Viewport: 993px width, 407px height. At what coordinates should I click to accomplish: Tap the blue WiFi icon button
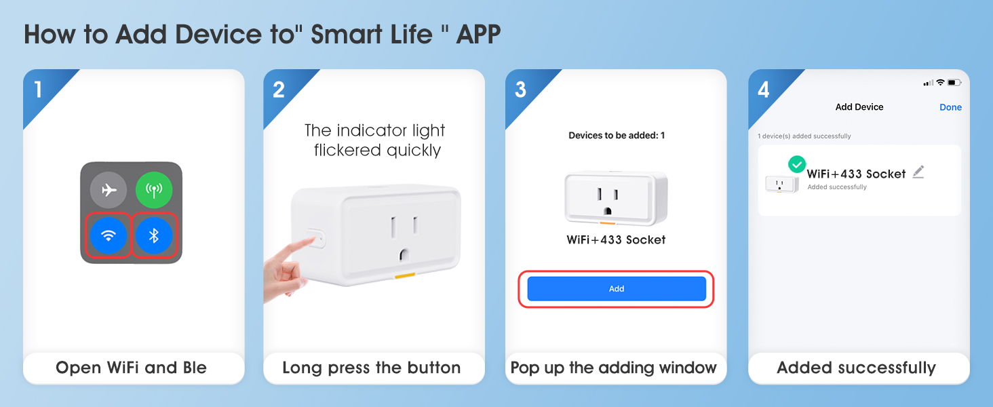pyautogui.click(x=109, y=236)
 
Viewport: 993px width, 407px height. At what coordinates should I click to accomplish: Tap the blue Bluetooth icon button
pyautogui.click(x=154, y=236)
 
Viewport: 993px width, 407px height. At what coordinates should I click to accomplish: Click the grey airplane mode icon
pyautogui.click(x=109, y=190)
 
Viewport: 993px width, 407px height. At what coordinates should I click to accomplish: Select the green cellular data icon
pyautogui.click(x=154, y=190)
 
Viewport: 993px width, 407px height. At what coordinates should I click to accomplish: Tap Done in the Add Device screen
pyautogui.click(x=950, y=107)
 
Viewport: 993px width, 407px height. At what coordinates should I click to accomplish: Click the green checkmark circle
pyautogui.click(x=797, y=164)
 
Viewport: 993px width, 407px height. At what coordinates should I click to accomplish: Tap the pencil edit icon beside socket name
pyautogui.click(x=918, y=172)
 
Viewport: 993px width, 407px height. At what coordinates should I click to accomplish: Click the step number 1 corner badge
pyautogui.click(x=39, y=90)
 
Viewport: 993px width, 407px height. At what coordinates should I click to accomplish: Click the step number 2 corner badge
pyautogui.click(x=279, y=90)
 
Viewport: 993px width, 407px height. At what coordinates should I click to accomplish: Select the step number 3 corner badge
pyautogui.click(x=520, y=90)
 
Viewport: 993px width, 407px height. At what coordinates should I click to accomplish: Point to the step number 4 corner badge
pyautogui.click(x=763, y=90)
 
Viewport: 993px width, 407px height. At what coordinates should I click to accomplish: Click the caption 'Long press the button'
pyautogui.click(x=372, y=368)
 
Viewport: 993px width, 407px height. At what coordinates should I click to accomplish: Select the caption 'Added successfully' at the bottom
pyautogui.click(x=856, y=368)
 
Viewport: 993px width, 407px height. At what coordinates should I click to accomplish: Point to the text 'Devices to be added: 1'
pyautogui.click(x=616, y=136)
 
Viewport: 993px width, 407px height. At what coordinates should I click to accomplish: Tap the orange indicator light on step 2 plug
pyautogui.click(x=405, y=276)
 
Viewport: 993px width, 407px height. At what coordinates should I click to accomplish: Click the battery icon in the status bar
pyautogui.click(x=954, y=83)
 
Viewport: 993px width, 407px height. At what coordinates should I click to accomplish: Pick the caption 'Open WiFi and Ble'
pyautogui.click(x=132, y=368)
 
